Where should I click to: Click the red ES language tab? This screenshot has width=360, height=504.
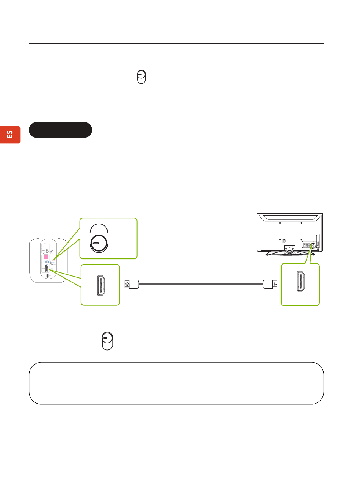coord(10,135)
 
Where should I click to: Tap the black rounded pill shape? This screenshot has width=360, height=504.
coord(60,130)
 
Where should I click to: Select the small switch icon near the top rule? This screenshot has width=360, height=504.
coord(141,77)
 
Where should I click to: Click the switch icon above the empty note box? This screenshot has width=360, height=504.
coord(108,341)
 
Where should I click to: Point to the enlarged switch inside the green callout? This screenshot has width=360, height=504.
coord(99,238)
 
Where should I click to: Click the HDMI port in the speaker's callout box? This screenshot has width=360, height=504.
coord(101,285)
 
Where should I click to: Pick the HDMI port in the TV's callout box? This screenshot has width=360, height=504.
coord(301,282)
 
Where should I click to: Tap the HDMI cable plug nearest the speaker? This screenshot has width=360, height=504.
coord(132,283)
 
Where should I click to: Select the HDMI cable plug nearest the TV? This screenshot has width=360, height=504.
coord(270,283)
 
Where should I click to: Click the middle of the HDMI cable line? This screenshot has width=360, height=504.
coord(201,283)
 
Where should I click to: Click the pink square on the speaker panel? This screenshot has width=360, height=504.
coord(46,257)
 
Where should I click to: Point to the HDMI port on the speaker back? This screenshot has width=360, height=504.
coord(47,269)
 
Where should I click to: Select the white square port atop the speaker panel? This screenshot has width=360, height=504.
coord(46,246)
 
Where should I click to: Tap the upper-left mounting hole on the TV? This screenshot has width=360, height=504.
coord(280,223)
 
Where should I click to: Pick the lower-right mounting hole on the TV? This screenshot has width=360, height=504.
coord(301,239)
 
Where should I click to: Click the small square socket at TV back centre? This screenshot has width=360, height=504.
coord(285,240)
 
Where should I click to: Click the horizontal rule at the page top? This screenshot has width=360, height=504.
coord(176,43)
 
